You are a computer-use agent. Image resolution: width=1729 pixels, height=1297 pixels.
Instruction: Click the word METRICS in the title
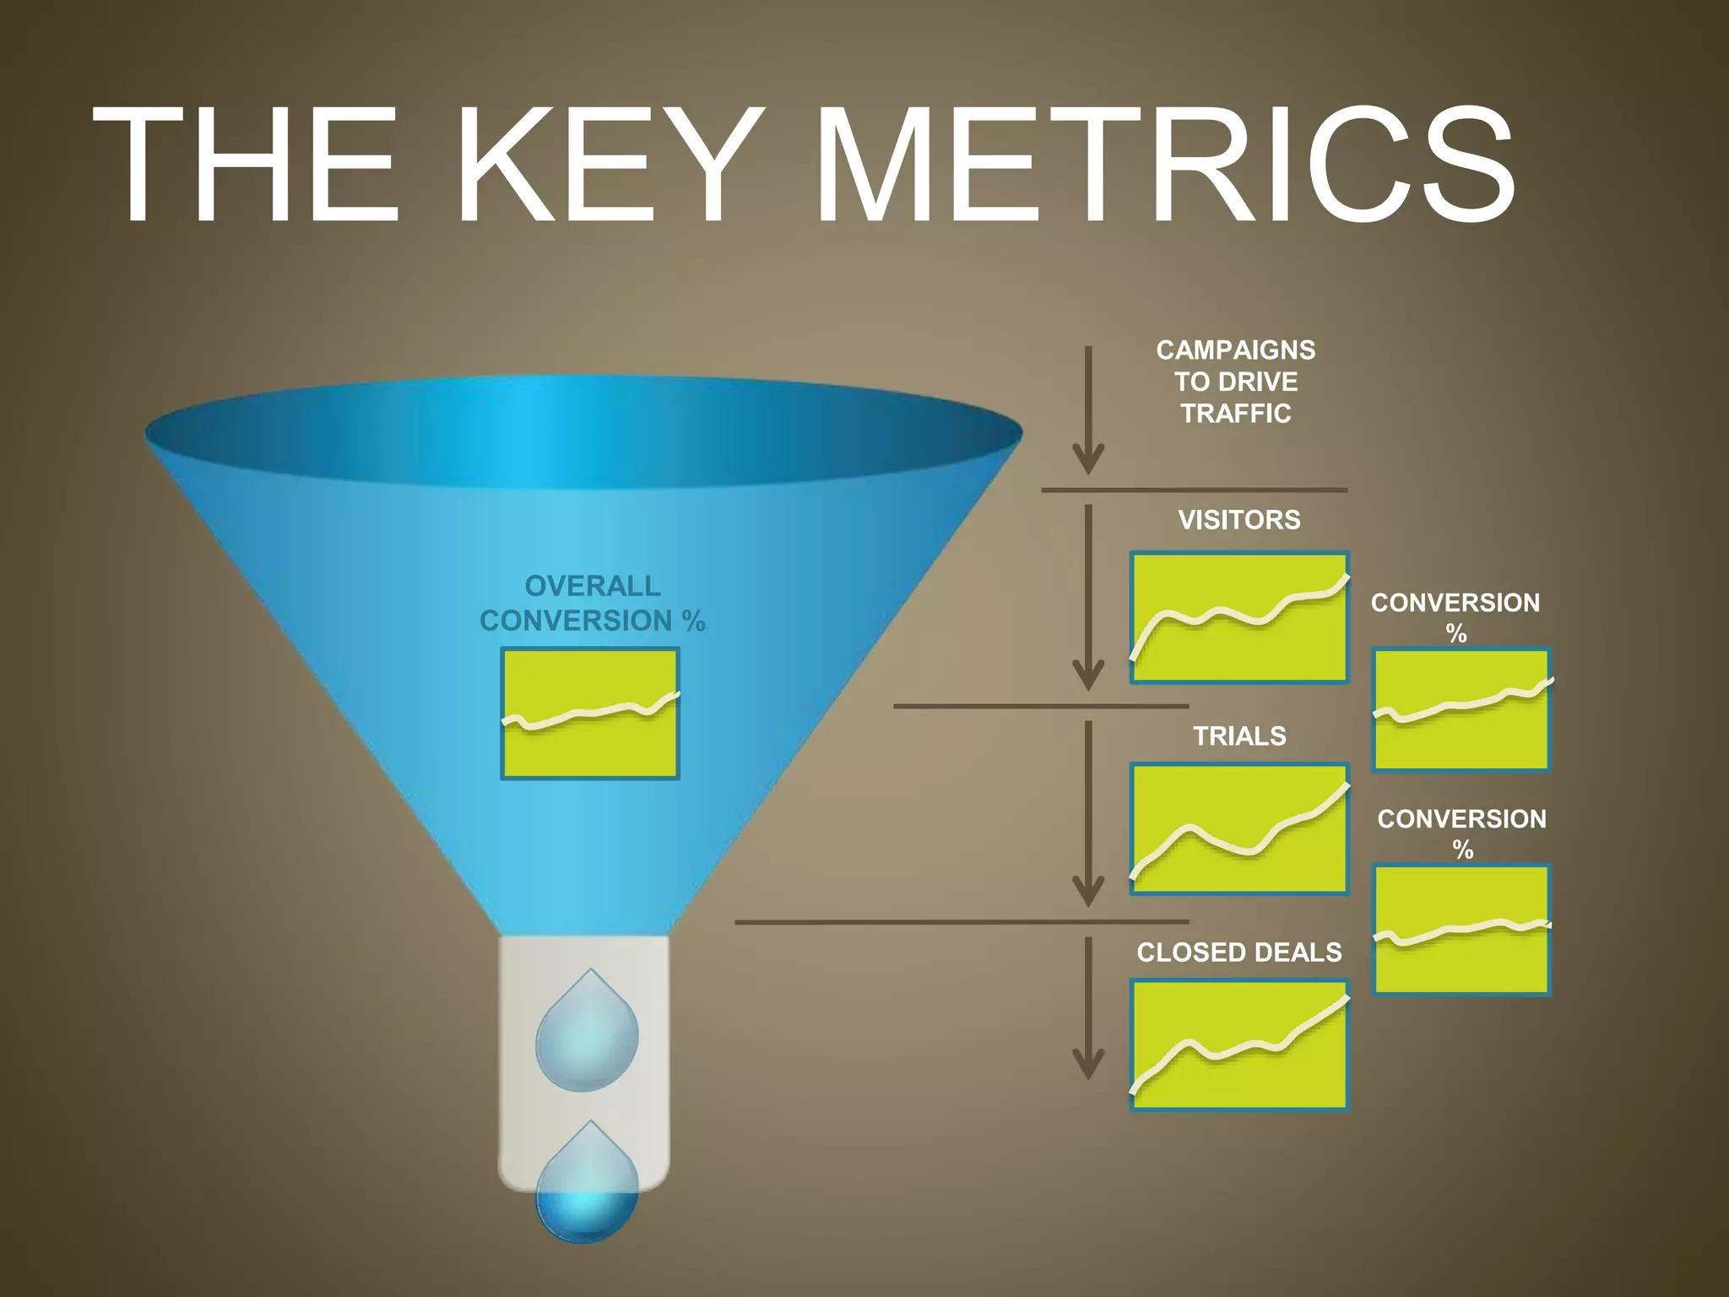pos(1165,165)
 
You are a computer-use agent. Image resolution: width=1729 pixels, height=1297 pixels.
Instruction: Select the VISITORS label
pos(1238,519)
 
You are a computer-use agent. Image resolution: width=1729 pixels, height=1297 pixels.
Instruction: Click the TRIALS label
pos(1238,735)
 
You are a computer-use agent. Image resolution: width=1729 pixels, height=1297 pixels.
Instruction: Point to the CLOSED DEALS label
pos(1238,952)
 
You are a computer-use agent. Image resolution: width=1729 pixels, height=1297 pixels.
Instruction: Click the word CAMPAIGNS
pos(1235,350)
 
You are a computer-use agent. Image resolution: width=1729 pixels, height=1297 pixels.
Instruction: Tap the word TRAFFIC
pos(1235,413)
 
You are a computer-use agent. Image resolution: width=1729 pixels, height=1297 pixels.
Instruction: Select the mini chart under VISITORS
pos(1238,617)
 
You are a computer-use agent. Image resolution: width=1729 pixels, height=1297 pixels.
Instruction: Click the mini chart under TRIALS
pos(1238,828)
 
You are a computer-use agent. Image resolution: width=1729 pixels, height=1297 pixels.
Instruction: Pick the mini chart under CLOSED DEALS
pos(1238,1045)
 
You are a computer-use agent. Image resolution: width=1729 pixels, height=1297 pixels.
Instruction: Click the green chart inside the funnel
pos(589,714)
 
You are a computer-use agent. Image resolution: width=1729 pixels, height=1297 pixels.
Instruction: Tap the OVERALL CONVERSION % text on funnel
pos(592,603)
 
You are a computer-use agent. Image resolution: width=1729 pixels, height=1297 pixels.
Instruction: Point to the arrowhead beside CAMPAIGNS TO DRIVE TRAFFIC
pos(1088,460)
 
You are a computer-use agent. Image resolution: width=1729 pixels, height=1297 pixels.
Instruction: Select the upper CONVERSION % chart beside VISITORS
pos(1461,709)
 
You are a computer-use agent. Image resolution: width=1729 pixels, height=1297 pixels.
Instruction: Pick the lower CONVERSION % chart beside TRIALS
pos(1461,929)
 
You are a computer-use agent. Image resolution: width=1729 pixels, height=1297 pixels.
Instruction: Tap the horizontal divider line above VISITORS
pos(1193,490)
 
